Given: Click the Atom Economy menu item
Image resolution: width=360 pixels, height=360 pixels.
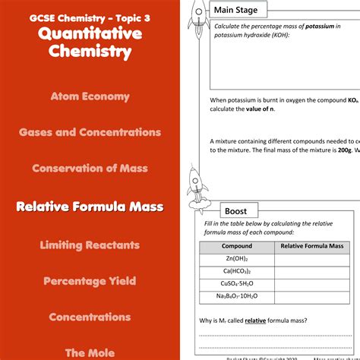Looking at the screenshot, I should (90, 96).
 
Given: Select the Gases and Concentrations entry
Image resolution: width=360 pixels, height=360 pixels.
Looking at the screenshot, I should (90, 132).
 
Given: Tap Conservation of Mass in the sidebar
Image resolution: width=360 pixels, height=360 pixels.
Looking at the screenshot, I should (90, 169).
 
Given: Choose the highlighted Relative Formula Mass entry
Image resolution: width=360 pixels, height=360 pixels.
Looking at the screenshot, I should (90, 206).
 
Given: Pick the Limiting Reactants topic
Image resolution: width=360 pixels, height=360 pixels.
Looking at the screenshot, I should (90, 245).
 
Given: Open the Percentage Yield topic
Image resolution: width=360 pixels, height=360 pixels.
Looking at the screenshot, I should (90, 281).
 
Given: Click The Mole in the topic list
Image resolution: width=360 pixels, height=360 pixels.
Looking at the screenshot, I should (90, 352).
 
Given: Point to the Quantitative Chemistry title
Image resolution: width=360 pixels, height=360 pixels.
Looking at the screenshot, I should (90, 43).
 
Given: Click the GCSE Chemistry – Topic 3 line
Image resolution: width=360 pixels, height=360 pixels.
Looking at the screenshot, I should (90, 16).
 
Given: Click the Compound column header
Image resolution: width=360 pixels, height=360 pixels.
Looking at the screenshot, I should (236, 246).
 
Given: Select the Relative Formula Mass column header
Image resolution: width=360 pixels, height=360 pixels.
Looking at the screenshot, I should (312, 246).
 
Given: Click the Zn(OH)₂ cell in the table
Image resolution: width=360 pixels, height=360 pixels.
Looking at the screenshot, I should (236, 259).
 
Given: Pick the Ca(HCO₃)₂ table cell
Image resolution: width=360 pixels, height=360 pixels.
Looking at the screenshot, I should (236, 271).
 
